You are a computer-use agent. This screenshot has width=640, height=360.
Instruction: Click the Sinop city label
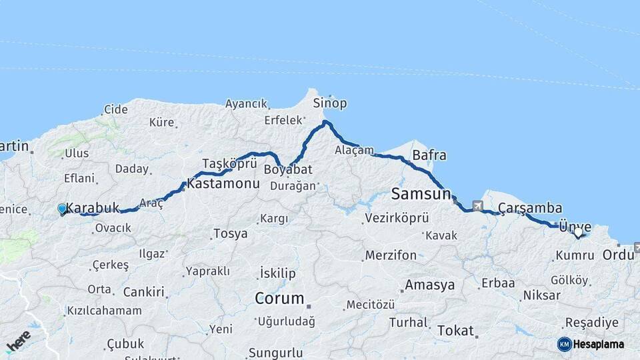pyautogui.click(x=330, y=103)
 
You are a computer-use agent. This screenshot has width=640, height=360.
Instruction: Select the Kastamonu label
pyautogui.click(x=223, y=183)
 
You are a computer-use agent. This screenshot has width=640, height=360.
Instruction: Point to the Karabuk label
pyautogui.click(x=93, y=208)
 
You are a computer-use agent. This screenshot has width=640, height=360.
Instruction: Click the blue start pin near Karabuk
pyautogui.click(x=62, y=209)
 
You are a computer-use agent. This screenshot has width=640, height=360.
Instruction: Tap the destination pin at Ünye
pyautogui.click(x=578, y=233)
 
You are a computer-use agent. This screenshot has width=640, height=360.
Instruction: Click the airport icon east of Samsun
pyautogui.click(x=477, y=207)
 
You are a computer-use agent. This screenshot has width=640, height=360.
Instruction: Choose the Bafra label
pyautogui.click(x=429, y=156)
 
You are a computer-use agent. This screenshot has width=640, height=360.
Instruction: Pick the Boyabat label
pyautogui.click(x=288, y=169)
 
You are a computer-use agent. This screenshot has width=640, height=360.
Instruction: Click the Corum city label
pyautogui.click(x=279, y=298)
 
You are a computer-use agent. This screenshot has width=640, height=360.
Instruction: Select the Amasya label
pyautogui.click(x=430, y=285)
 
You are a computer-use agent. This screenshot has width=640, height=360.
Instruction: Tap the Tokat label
pyautogui.click(x=455, y=331)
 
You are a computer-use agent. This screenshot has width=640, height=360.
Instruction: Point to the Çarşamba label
pyautogui.click(x=529, y=208)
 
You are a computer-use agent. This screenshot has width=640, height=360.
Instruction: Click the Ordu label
pyautogui.click(x=618, y=255)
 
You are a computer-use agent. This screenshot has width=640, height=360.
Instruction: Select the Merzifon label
pyautogui.click(x=391, y=255)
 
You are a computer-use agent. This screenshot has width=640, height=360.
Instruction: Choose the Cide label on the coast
pyautogui.click(x=115, y=109)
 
